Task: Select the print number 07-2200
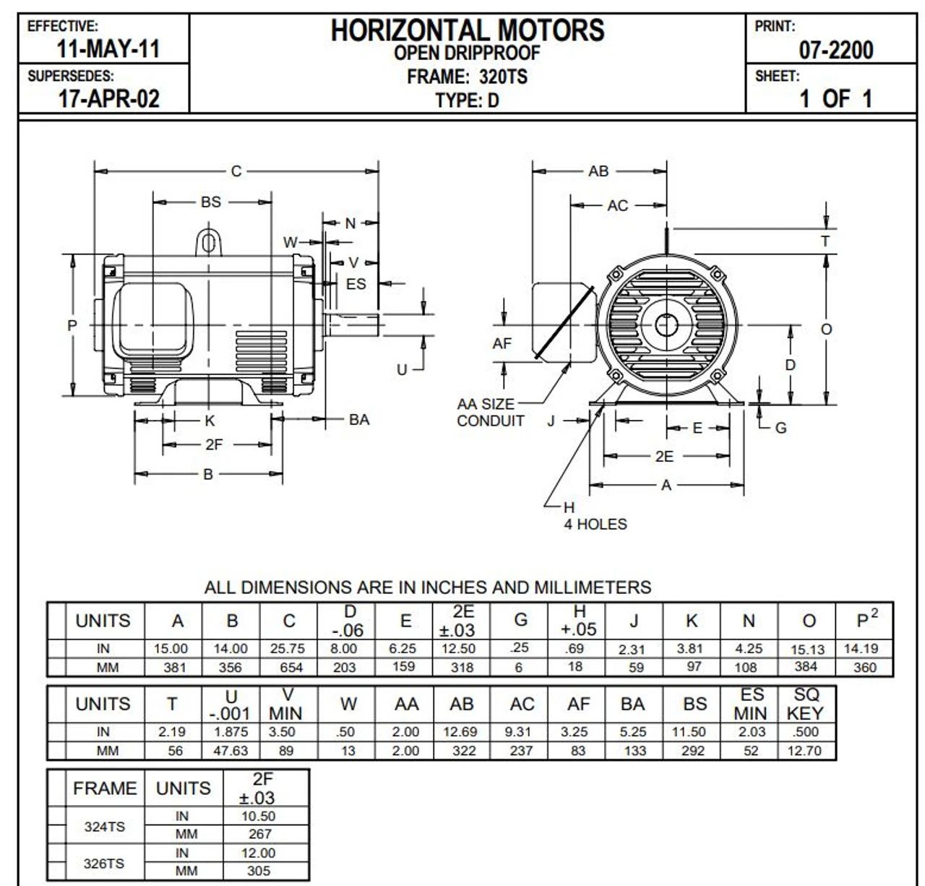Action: point(835,50)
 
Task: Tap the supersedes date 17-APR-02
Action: point(108,98)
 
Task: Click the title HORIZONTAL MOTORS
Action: point(467,30)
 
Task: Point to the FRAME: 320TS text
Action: point(467,77)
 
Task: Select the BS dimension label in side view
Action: point(210,202)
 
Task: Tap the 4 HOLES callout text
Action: point(595,524)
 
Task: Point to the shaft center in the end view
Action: point(666,326)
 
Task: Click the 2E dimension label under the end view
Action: point(663,456)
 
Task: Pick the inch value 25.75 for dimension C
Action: point(288,649)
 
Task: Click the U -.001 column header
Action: point(231,705)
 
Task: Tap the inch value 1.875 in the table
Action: point(231,732)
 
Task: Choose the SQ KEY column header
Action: point(806,704)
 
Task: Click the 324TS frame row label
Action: point(104,826)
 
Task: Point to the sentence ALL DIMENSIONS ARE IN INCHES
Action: point(427,588)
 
